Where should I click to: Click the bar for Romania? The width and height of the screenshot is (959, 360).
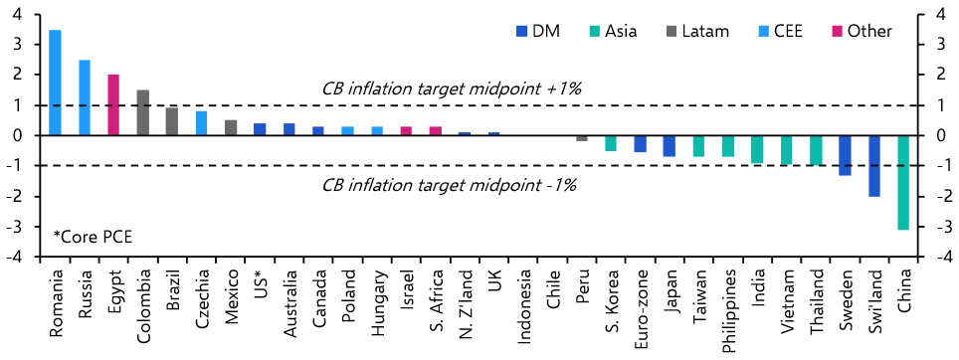55,83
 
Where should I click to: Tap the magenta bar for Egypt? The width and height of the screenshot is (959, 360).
113,104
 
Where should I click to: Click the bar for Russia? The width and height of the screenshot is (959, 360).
85,97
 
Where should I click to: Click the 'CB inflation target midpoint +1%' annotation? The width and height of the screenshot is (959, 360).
451,89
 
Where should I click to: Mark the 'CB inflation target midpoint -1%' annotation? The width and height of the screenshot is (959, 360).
450,184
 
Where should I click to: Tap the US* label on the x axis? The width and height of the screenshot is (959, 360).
260,283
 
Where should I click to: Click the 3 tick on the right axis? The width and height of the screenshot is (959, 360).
940,44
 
